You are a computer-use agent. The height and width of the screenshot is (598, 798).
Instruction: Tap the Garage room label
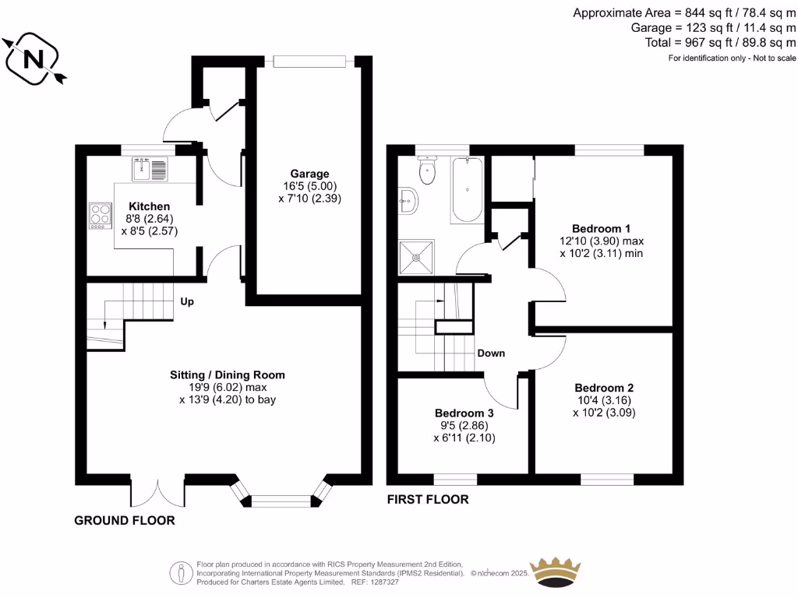pyautogui.click(x=310, y=174)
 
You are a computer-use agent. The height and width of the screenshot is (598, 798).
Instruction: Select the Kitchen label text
pyautogui.click(x=144, y=206)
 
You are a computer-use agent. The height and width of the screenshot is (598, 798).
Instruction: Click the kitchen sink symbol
pyautogui.click(x=150, y=169)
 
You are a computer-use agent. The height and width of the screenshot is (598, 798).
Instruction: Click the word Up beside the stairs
pyautogui.click(x=187, y=301)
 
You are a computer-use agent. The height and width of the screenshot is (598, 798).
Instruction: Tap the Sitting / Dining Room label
pyautogui.click(x=228, y=375)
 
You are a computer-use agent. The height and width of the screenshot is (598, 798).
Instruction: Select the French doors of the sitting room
pyautogui.click(x=158, y=491)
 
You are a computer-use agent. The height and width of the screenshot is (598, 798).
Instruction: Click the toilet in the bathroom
pyautogui.click(x=426, y=171)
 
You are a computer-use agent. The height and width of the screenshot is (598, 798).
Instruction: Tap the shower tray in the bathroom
pyautogui.click(x=416, y=256)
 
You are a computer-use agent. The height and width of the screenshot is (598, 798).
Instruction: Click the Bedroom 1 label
pyautogui.click(x=602, y=228)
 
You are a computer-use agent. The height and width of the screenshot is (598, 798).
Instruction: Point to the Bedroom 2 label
pyautogui.click(x=604, y=388)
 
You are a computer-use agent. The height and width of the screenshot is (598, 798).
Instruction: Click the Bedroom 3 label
pyautogui.click(x=464, y=413)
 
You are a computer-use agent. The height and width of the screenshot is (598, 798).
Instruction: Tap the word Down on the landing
pyautogui.click(x=491, y=353)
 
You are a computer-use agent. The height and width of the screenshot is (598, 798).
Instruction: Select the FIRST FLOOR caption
pyautogui.click(x=428, y=499)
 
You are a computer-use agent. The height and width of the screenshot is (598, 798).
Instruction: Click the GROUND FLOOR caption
pyautogui.click(x=124, y=520)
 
